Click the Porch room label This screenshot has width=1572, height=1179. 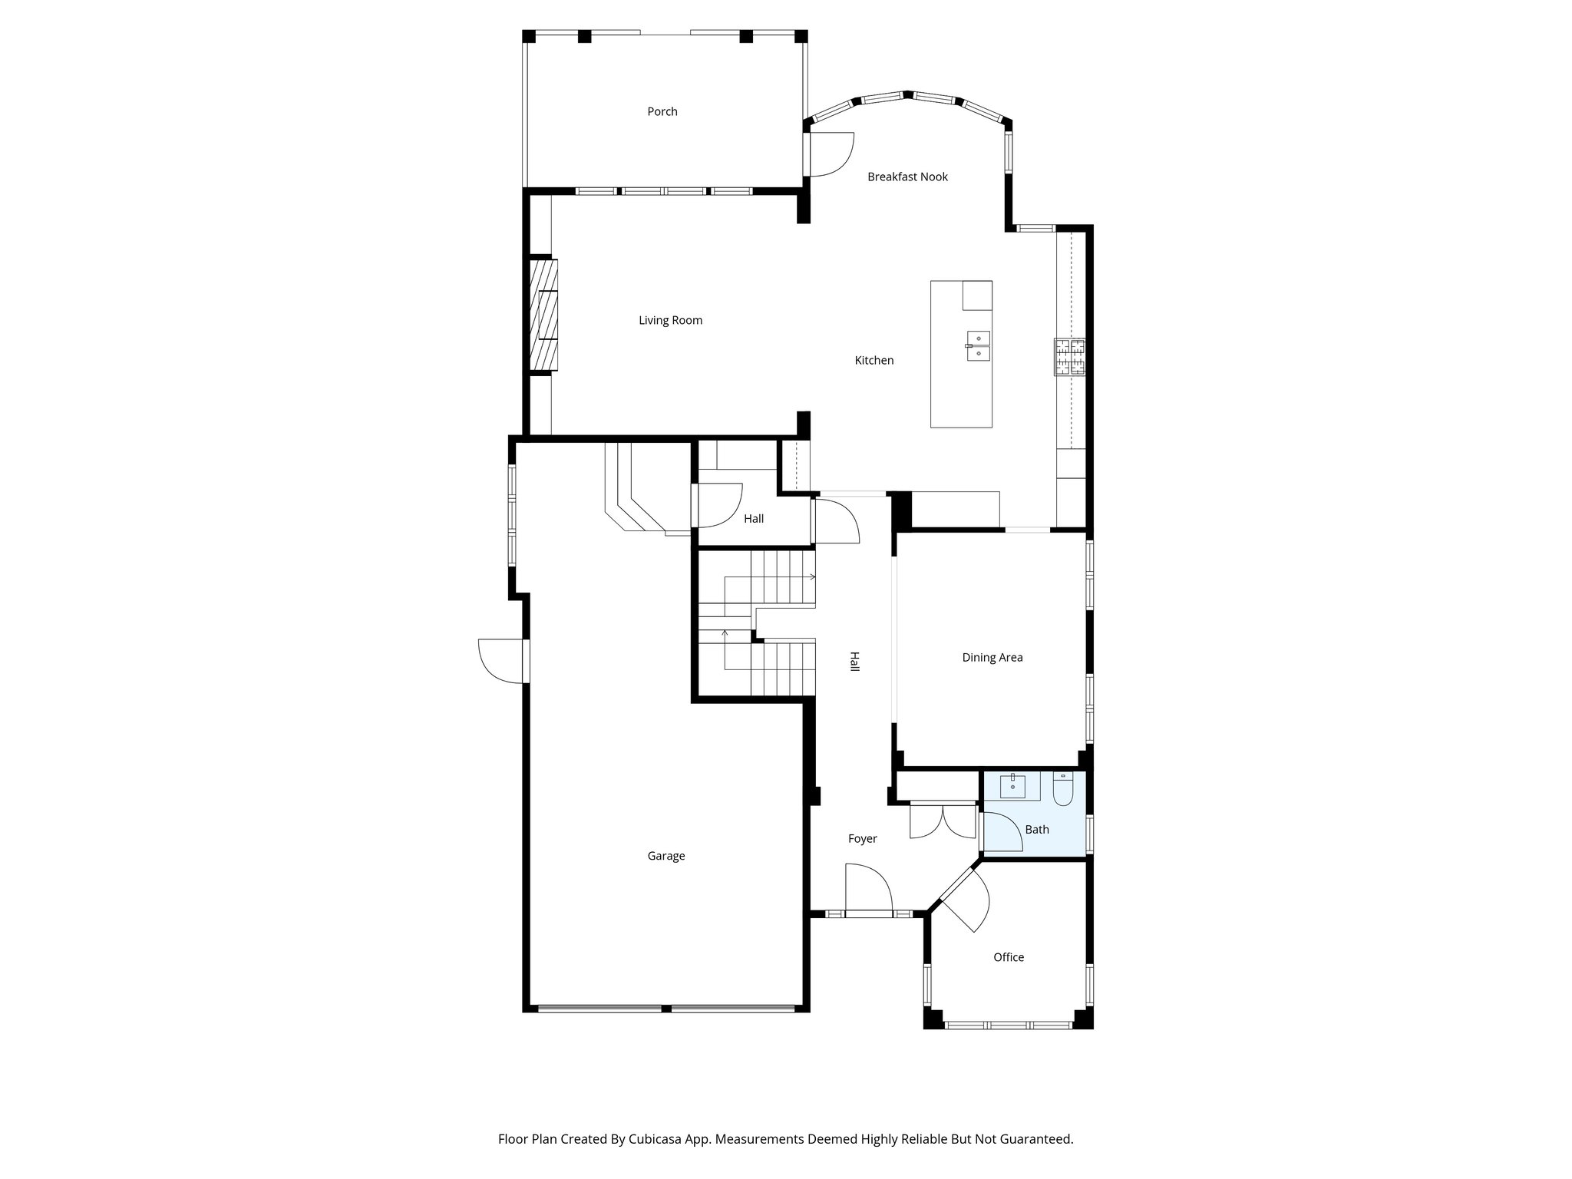click(x=662, y=112)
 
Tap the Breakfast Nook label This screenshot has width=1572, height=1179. click(x=907, y=177)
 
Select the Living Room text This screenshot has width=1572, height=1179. click(x=670, y=321)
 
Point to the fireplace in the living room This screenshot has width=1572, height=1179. click(x=543, y=315)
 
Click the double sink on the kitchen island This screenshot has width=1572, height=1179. click(x=979, y=346)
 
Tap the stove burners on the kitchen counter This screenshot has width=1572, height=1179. click(x=1070, y=357)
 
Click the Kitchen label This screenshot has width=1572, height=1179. click(x=874, y=361)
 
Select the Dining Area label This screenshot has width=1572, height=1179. click(x=992, y=658)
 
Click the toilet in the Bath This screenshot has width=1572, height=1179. click(x=1063, y=789)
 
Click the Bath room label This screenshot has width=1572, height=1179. click(x=1036, y=830)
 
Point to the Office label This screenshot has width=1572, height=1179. click(x=1008, y=957)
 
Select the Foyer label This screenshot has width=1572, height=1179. click(x=862, y=839)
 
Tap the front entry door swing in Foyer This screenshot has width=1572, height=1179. click(x=869, y=888)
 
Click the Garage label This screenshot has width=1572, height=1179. click(x=665, y=856)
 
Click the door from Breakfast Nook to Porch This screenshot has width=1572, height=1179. click(x=831, y=154)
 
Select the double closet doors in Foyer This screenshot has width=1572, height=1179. click(x=941, y=821)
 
